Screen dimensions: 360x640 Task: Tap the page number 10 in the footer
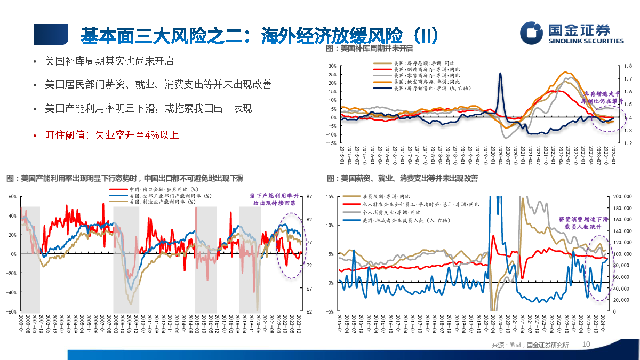tap(587, 345)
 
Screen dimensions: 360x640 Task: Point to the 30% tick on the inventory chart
tap(331, 66)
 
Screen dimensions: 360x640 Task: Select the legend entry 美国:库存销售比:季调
tap(433, 89)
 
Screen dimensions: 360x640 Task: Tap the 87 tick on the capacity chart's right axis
tap(309, 197)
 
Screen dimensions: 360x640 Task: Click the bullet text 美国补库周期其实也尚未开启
tap(109, 61)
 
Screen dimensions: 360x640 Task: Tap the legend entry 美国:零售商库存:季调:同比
tap(426, 76)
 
